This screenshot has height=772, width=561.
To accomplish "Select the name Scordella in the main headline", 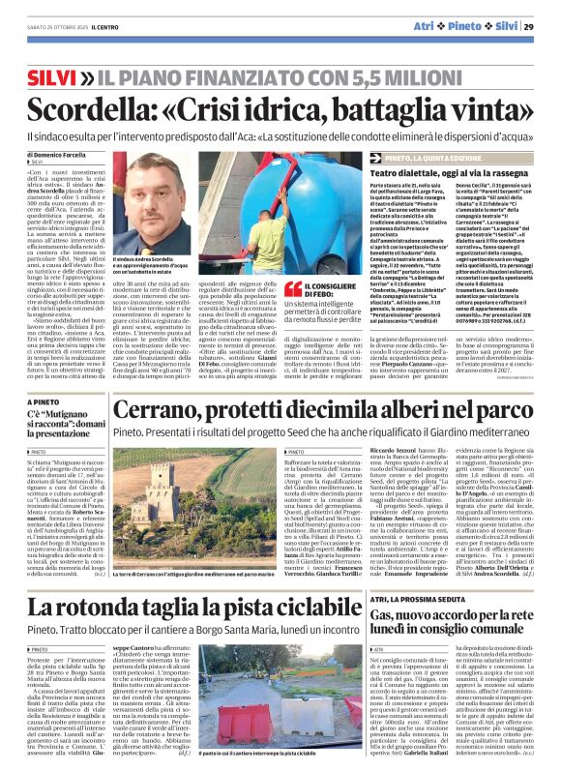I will point(89,108).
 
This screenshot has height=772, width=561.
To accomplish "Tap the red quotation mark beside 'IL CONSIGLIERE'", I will point(290,289).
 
